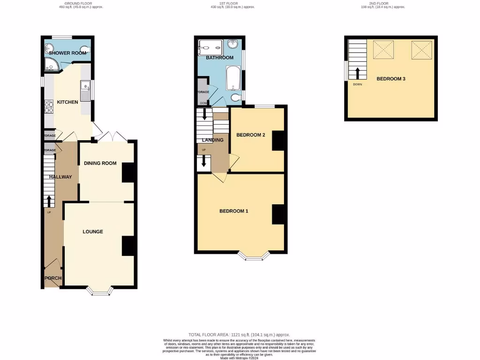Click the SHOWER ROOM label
[68, 53]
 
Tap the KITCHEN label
[67, 102]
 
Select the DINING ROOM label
[100, 163]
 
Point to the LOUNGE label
[93, 232]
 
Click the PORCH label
[53, 278]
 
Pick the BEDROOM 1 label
[233, 211]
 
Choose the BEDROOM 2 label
[251, 135]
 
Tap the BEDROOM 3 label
[391, 79]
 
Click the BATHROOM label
[219, 58]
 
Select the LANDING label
[212, 140]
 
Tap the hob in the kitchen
[49, 108]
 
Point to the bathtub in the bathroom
[233, 79]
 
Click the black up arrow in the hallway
[49, 201]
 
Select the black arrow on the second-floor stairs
[357, 73]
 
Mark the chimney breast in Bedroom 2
[278, 140]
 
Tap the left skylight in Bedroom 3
[383, 50]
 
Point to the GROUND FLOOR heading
[78, 3]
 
